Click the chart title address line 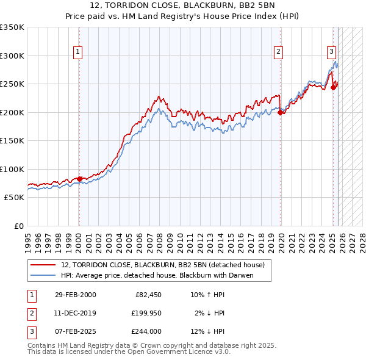(183, 5)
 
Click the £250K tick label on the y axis (12, 84)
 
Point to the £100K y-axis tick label (12, 169)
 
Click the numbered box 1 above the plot (79, 53)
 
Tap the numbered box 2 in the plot (278, 53)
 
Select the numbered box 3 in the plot (331, 52)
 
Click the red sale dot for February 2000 (79, 179)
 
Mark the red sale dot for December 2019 (281, 112)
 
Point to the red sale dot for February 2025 (333, 87)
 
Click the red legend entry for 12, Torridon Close (162, 265)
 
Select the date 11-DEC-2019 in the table (75, 313)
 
